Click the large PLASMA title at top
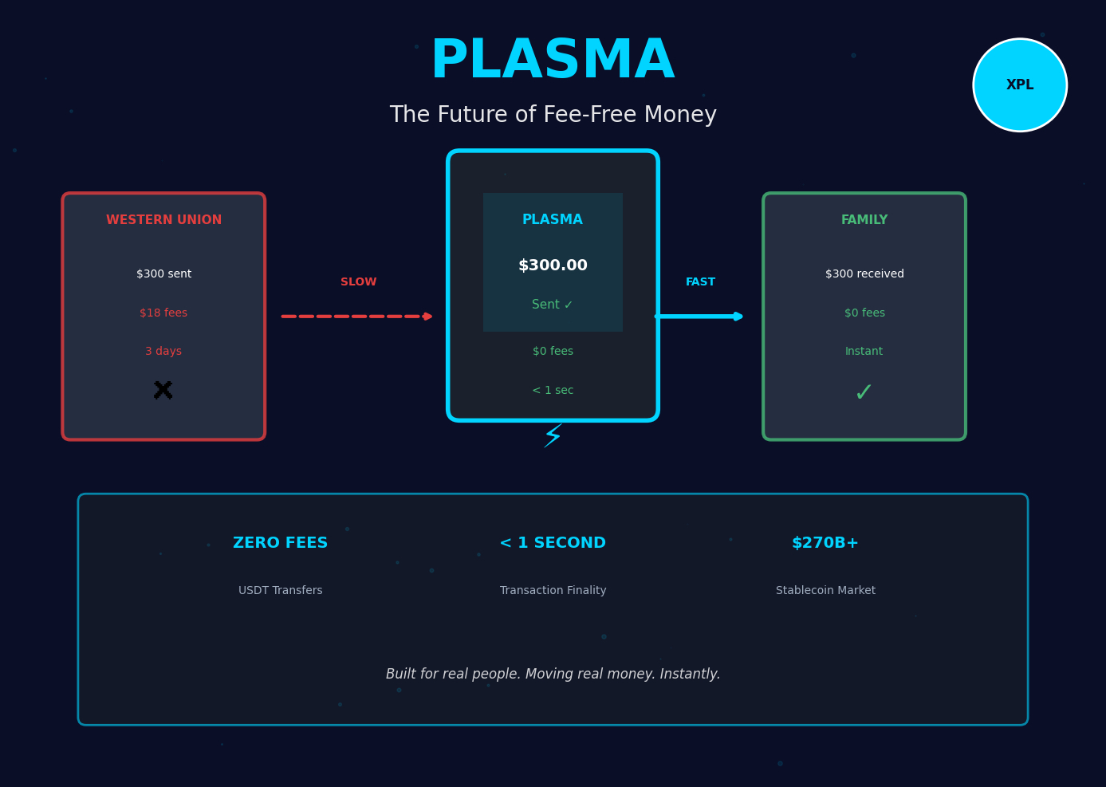(553, 61)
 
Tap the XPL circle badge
(1020, 85)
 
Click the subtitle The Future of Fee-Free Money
(553, 115)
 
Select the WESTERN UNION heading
(163, 220)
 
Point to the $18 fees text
(163, 313)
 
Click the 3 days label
(163, 352)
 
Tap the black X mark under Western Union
(163, 391)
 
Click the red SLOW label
(358, 282)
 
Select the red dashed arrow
(356, 317)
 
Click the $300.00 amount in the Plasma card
(553, 266)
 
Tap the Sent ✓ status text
(553, 305)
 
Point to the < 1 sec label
(553, 391)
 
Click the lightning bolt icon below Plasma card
(553, 435)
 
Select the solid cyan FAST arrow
(699, 317)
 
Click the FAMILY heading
(864, 220)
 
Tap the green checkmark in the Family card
(864, 393)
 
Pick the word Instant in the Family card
(864, 352)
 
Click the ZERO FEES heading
(280, 543)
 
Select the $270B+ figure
(825, 543)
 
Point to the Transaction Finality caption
(553, 591)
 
